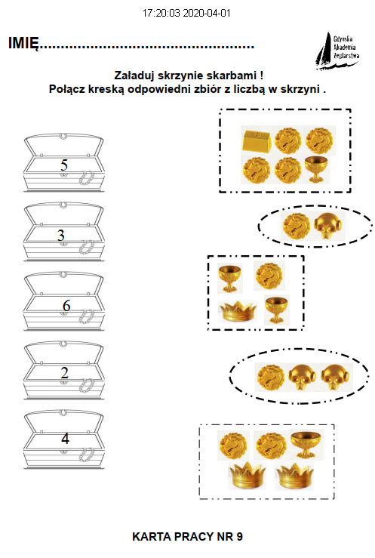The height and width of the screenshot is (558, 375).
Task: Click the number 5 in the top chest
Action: pyautogui.click(x=64, y=165)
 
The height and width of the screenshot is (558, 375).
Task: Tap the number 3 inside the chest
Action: pyautogui.click(x=61, y=236)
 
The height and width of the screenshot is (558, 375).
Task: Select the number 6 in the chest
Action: pyautogui.click(x=66, y=305)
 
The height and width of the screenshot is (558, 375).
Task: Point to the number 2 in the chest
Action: pyautogui.click(x=64, y=372)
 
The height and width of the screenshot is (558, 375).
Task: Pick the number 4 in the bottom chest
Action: pyautogui.click(x=65, y=439)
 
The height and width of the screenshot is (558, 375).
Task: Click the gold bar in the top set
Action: pyautogui.click(x=257, y=140)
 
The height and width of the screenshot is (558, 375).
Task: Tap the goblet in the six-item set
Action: pyautogui.click(x=316, y=169)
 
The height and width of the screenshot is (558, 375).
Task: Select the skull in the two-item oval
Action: pyautogui.click(x=329, y=227)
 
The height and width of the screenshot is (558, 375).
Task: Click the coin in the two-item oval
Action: pyautogui.click(x=297, y=227)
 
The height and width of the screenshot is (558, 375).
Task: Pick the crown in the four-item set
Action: pyautogui.click(x=238, y=311)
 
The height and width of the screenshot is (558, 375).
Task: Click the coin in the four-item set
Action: pyautogui.click(x=269, y=276)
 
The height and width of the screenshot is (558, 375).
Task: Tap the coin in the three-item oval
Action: pyautogui.click(x=271, y=377)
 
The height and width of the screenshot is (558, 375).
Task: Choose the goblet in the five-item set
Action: pyautogui.click(x=306, y=444)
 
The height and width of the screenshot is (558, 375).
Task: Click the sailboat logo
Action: pyautogui.click(x=337, y=50)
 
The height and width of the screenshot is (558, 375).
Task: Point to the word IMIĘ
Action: pyautogui.click(x=23, y=43)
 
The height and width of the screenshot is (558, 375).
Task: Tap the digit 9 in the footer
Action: pyautogui.click(x=240, y=537)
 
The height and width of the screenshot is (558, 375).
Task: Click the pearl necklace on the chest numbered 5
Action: pyautogui.click(x=86, y=178)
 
